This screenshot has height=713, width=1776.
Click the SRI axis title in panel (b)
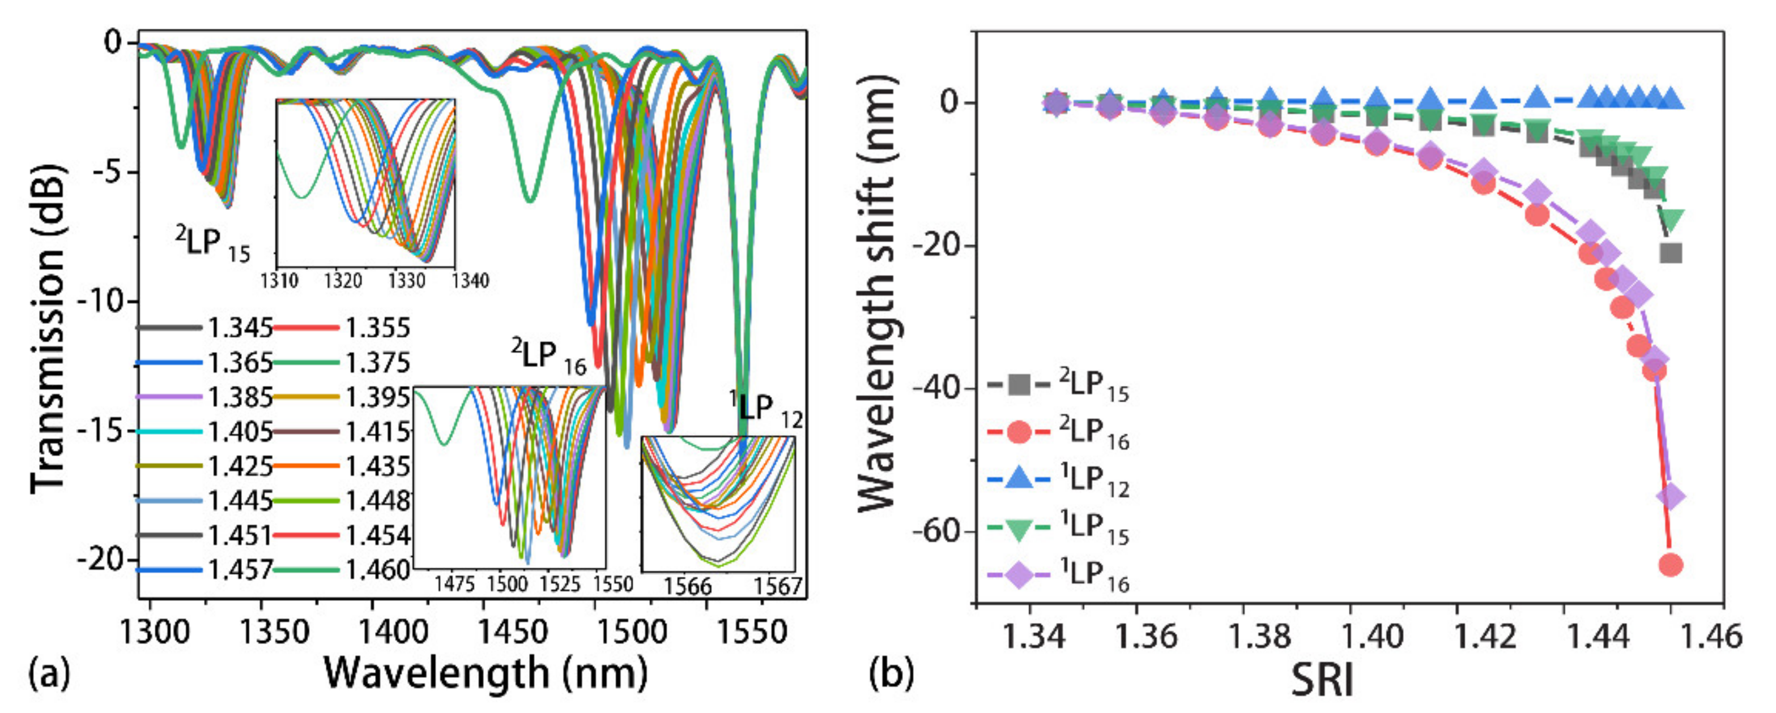[x=1322, y=682]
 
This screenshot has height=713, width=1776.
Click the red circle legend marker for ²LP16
[x=1019, y=432]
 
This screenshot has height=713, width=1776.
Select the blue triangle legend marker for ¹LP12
[x=1019, y=479]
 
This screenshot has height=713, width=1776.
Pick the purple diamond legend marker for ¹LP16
[x=1019, y=573]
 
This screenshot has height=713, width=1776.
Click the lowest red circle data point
[x=1671, y=565]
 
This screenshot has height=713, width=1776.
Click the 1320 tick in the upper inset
[x=343, y=281]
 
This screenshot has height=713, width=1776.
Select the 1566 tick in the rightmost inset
[x=687, y=586]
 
